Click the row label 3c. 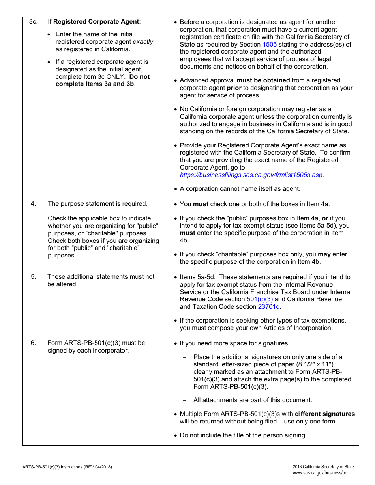(34, 22)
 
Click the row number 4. (34, 204)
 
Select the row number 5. (34, 277)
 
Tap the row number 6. (34, 343)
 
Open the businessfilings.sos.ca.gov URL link (251, 175)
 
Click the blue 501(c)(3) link (259, 299)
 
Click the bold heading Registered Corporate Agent (96, 22)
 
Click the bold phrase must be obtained (263, 80)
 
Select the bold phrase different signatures (325, 414)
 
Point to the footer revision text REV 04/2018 (98, 467)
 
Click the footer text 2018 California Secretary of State (321, 467)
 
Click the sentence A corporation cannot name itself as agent (240, 189)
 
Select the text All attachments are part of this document (253, 400)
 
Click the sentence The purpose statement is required (97, 204)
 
